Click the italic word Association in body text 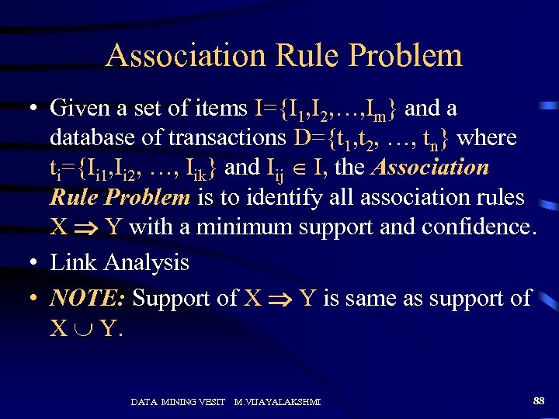[x=432, y=168]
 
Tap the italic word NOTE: [x=88, y=298]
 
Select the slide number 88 [x=539, y=400]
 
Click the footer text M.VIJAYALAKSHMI [x=278, y=402]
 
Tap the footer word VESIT [x=210, y=402]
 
